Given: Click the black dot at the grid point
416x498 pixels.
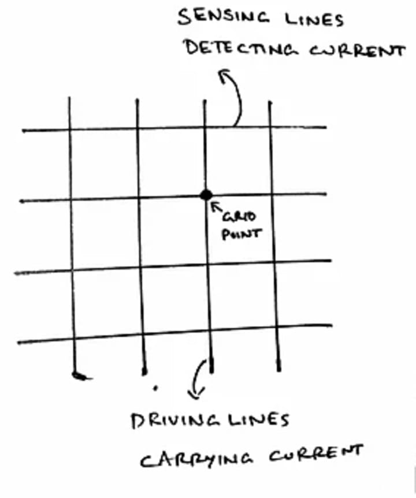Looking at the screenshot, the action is pyautogui.click(x=206, y=195).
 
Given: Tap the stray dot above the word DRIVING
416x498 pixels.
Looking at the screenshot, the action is pyautogui.click(x=155, y=388).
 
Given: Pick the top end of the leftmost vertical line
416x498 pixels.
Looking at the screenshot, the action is pyautogui.click(x=69, y=98).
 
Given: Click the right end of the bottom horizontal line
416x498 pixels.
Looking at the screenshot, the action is pyautogui.click(x=331, y=325).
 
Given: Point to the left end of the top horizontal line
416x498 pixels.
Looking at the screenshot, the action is pyautogui.click(x=23, y=131).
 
